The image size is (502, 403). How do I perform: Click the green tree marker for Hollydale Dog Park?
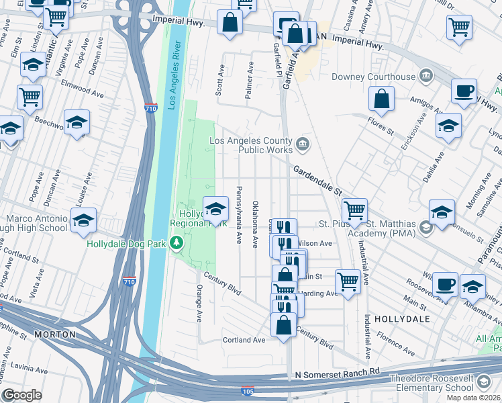coord(177,242)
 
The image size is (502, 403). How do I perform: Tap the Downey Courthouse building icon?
coord(425,77)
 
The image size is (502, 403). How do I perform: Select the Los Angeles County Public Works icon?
coord(303,142)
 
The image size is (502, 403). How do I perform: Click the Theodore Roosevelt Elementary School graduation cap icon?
coord(483,383)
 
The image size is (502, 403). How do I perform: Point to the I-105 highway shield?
coord(247,390)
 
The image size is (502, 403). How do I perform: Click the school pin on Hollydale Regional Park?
coord(215,209)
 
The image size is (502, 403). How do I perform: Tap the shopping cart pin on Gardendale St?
coord(354,210)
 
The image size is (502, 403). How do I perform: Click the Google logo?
coord(22,395)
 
